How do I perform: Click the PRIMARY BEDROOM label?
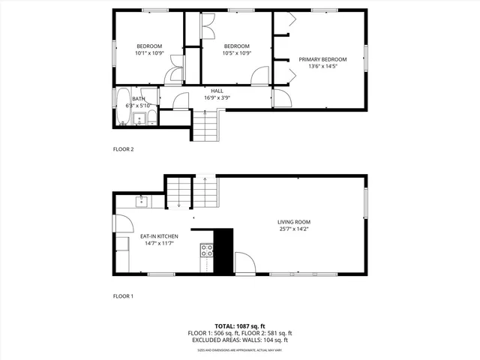coord(322,59)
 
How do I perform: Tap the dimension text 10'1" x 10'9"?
coord(148,53)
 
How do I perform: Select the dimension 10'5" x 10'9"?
coord(236,53)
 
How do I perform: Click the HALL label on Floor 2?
coord(217,91)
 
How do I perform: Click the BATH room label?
coord(139,99)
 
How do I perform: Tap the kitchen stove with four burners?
coord(206,251)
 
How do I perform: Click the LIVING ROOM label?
coord(293,222)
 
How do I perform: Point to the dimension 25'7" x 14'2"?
coord(293,229)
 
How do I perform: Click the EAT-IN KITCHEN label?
coord(158,236)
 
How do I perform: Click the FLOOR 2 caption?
coord(123,149)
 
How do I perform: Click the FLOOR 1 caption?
coord(123,296)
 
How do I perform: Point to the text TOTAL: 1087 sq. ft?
coord(239,326)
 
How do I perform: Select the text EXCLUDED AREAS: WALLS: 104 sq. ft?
coord(239,340)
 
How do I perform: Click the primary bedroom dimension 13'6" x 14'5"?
coord(322,67)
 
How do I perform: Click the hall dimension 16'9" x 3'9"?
coord(217,97)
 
